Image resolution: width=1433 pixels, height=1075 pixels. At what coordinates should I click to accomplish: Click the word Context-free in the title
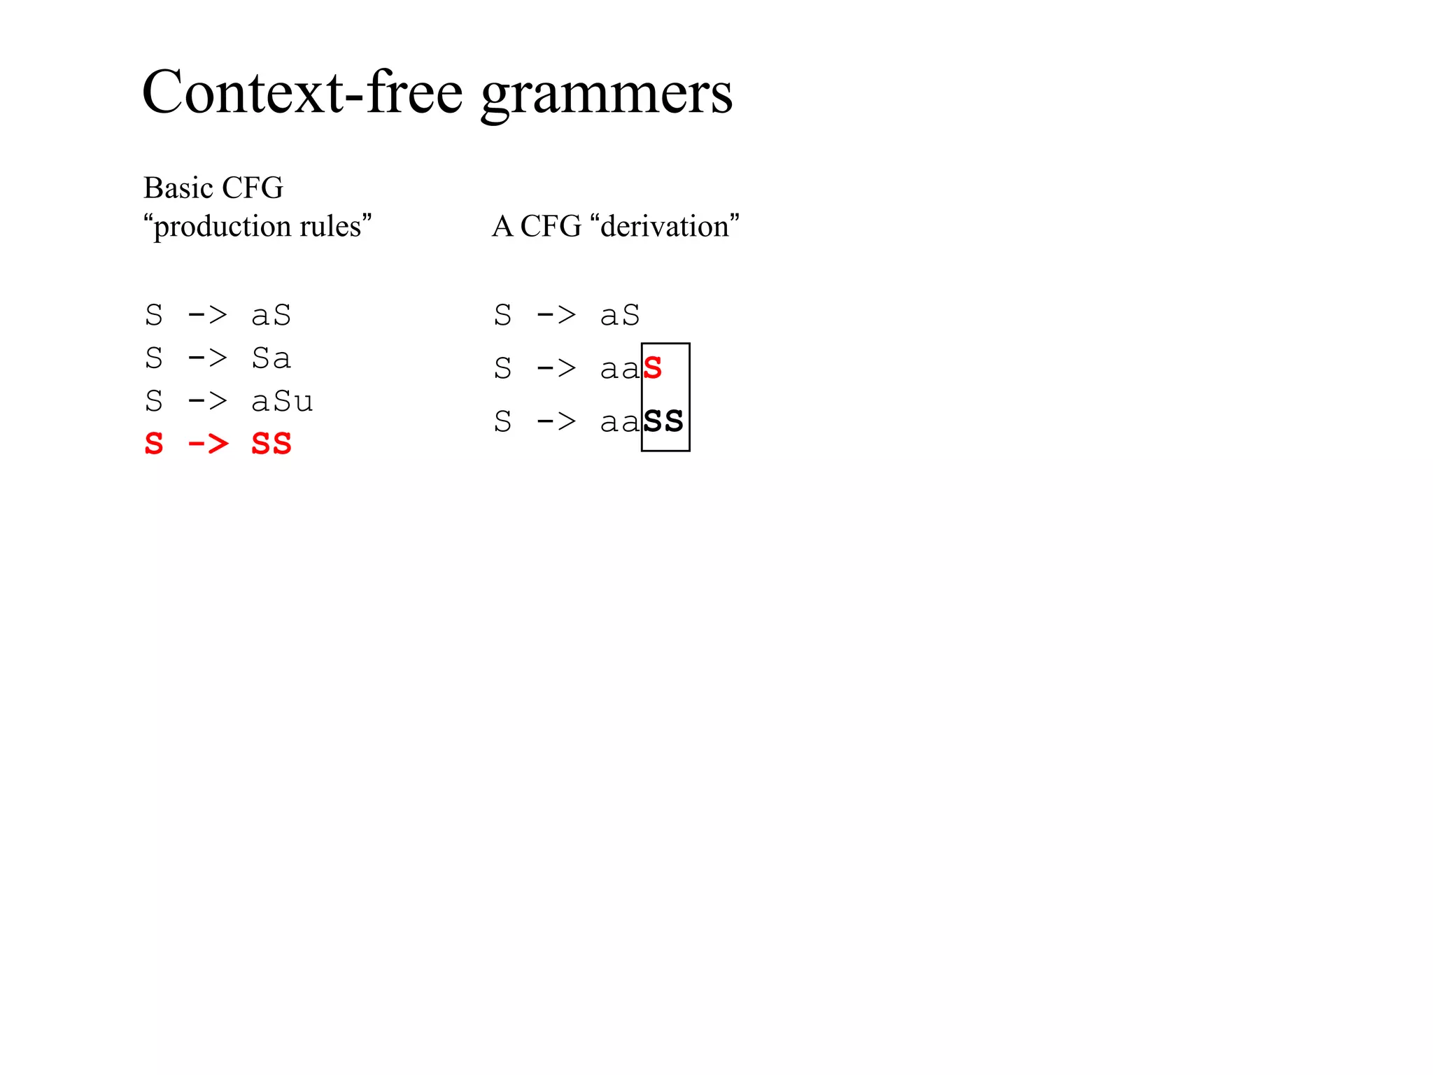point(302,92)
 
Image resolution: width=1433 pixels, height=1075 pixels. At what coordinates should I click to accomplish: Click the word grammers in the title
point(606,94)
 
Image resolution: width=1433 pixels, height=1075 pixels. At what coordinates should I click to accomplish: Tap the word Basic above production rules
point(178,188)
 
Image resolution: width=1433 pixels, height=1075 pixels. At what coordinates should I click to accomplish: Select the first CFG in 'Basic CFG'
point(253,188)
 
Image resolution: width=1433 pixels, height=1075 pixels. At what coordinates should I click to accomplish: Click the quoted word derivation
point(665,226)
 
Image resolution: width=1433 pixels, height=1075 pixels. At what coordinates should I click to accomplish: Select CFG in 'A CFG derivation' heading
point(551,226)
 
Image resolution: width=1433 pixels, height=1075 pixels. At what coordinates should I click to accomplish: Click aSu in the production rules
point(282,402)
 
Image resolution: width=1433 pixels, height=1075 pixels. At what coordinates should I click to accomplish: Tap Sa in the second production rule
point(271,358)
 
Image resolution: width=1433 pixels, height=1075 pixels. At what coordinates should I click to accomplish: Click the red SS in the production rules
point(271,444)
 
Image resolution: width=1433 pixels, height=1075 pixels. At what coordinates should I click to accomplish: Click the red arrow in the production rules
point(208,444)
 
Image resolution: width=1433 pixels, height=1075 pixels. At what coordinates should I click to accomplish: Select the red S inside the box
point(653,368)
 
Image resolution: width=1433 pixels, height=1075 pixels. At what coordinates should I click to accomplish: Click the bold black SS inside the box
point(663,421)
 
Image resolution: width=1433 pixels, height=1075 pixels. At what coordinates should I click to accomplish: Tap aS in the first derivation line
point(620,316)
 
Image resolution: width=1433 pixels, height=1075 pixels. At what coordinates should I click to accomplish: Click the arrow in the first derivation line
point(556,316)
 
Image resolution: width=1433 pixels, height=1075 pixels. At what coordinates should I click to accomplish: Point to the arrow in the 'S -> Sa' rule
point(208,358)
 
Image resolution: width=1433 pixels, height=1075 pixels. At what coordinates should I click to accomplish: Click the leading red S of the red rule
point(154,444)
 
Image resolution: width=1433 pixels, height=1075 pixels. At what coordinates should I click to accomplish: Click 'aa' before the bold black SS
point(620,422)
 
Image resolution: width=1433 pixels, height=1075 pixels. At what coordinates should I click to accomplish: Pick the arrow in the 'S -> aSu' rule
point(208,402)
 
